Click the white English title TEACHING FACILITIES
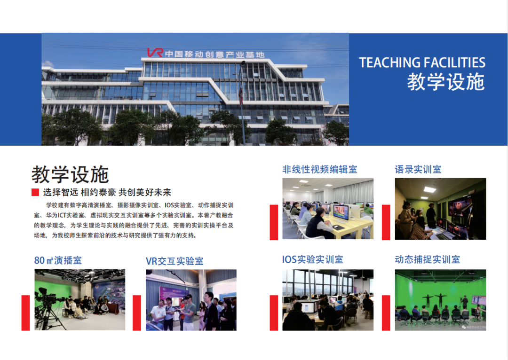click(x=422, y=63)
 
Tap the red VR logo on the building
click(x=155, y=53)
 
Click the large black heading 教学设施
click(x=70, y=174)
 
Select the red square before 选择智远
click(x=35, y=192)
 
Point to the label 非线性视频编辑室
click(x=320, y=169)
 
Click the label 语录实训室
click(x=418, y=169)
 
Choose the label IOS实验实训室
click(x=313, y=259)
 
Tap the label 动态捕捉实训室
click(x=427, y=259)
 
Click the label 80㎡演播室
click(x=58, y=260)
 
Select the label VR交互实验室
click(x=175, y=261)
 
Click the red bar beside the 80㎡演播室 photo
click(x=25, y=313)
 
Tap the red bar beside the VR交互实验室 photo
click(x=137, y=313)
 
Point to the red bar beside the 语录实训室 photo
click(x=386, y=222)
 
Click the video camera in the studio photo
click(x=46, y=298)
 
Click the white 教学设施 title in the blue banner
click(x=446, y=82)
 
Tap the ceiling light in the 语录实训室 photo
click(x=430, y=189)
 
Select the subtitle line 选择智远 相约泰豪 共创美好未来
click(x=107, y=192)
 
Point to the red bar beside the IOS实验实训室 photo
click(x=274, y=313)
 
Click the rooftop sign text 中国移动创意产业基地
click(x=215, y=55)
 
